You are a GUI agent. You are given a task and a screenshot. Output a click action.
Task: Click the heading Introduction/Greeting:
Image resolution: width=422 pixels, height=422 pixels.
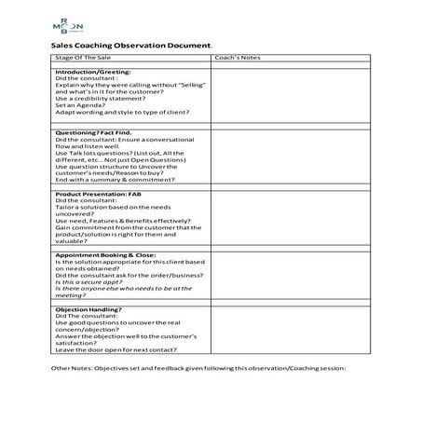click(x=93, y=72)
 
